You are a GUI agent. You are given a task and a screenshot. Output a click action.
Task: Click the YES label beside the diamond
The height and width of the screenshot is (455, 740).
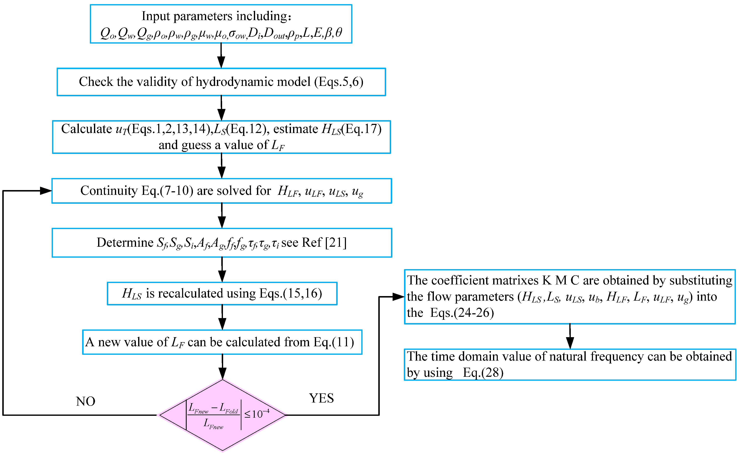coord(321,398)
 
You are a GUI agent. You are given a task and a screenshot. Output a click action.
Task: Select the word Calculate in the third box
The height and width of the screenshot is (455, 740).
coord(86,129)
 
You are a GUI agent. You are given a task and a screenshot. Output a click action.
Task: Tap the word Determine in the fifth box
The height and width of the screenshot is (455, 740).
coord(125,243)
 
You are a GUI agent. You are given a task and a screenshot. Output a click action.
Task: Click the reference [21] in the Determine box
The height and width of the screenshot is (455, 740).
coord(336,243)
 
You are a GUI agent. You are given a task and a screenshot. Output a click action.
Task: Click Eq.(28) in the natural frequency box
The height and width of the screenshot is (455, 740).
coord(483,373)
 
